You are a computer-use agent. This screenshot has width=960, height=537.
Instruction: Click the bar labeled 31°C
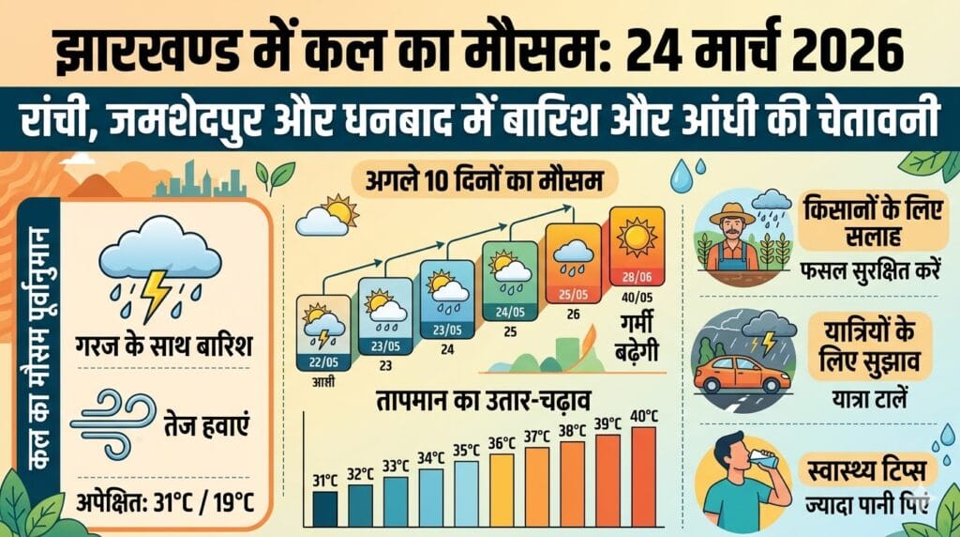(x=324, y=509)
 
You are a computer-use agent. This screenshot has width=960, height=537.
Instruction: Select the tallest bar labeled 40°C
(x=644, y=477)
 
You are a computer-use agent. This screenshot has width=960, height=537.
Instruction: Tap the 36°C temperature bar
(x=502, y=490)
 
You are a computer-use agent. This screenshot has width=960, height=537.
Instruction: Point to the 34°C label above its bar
(x=430, y=457)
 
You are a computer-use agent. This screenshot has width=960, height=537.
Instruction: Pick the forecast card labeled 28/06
(x=637, y=247)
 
